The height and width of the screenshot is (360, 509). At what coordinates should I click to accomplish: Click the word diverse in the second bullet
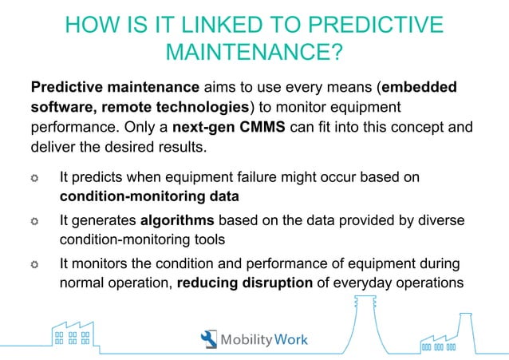442,220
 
